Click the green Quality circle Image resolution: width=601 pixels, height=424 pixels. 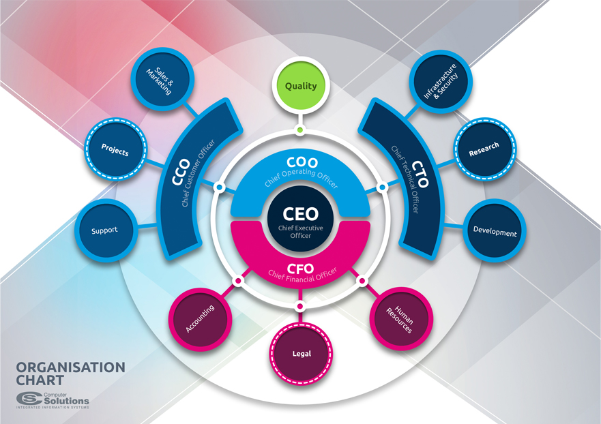click(301, 86)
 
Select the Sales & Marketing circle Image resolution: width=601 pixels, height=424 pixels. click(160, 80)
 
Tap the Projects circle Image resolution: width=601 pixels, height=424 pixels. click(115, 149)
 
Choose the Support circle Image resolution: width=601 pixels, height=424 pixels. click(104, 230)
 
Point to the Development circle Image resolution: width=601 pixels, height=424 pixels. click(495, 232)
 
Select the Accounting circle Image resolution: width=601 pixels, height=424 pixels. click(200, 318)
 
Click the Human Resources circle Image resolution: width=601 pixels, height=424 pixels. click(401, 319)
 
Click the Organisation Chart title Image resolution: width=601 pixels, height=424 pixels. click(70, 373)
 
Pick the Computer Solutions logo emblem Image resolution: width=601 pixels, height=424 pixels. click(29, 399)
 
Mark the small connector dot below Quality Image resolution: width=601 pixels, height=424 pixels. click(300, 130)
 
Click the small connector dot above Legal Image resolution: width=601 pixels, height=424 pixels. click(300, 307)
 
